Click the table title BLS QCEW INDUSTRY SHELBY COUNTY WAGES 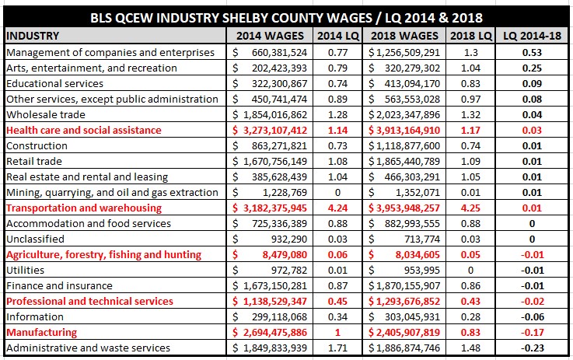(231, 18)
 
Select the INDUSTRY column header (33, 36)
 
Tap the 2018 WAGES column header (404, 36)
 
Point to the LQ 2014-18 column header (532, 36)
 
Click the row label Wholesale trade (46, 115)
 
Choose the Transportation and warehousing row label (84, 208)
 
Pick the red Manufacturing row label (42, 332)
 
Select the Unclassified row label (35, 239)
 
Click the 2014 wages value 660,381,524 (280, 53)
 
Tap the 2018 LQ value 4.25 (470, 208)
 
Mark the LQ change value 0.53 (532, 53)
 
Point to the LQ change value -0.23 (532, 348)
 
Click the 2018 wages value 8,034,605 (418, 255)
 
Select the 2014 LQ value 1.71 (337, 348)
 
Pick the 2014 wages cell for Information (270, 317)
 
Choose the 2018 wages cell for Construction (404, 146)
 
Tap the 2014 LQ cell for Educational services (337, 84)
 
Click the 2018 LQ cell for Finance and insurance (470, 286)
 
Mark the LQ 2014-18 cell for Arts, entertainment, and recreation (532, 68)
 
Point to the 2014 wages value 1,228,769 (285, 193)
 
